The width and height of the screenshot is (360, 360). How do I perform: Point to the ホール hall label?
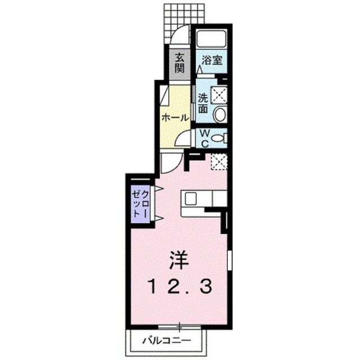pos(174,118)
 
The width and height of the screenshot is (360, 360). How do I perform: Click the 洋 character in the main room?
pos(179,260)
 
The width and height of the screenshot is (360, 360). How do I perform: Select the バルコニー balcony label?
pos(166,340)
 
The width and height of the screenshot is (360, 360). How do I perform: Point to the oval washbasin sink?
pos(220,114)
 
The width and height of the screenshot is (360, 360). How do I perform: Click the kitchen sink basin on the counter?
pos(190,199)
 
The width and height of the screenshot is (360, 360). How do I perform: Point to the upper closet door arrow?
pos(158,187)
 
